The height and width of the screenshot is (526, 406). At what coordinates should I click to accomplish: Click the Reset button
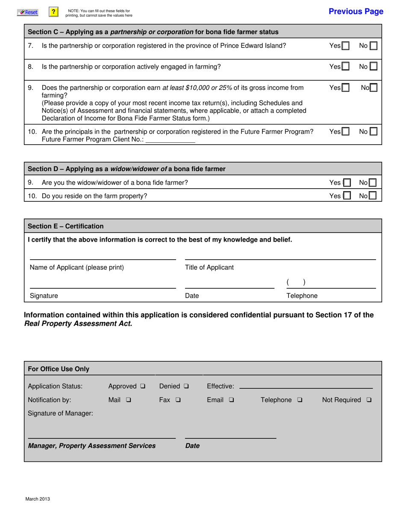pyautogui.click(x=28, y=12)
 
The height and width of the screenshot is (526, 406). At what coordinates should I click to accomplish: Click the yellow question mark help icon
pyautogui.click(x=53, y=12)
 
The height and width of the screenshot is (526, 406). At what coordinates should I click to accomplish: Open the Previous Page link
pyautogui.click(x=356, y=12)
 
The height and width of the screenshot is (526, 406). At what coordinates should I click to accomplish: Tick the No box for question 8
pyautogui.click(x=373, y=67)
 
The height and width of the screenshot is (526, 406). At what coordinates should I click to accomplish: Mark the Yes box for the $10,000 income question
pyautogui.click(x=345, y=88)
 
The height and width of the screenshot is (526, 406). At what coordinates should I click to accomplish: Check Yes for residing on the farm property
pyautogui.click(x=347, y=196)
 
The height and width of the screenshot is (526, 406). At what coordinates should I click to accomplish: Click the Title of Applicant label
pyautogui.click(x=209, y=268)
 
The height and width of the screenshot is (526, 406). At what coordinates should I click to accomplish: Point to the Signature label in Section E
pyautogui.click(x=44, y=296)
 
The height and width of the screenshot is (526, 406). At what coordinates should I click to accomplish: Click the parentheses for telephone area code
pyautogui.click(x=296, y=283)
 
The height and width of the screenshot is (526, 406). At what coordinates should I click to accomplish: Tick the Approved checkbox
pyautogui.click(x=143, y=387)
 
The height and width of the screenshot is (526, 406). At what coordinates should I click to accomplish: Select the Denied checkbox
pyautogui.click(x=186, y=387)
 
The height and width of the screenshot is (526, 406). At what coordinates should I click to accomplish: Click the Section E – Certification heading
pyautogui.click(x=65, y=226)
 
